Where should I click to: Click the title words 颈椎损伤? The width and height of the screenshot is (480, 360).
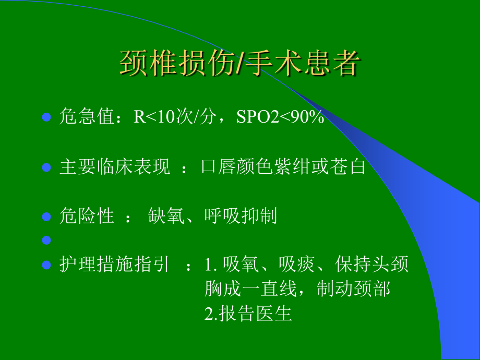click(177, 63)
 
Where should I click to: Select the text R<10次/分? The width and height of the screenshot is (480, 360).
click(175, 116)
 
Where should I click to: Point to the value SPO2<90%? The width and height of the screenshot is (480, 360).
click(280, 116)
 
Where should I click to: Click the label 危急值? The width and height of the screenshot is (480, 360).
click(87, 116)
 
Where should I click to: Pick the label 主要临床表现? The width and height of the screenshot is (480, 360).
click(115, 167)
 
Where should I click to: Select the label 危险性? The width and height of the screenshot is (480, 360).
click(87, 216)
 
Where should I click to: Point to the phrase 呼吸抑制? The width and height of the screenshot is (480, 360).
click(241, 216)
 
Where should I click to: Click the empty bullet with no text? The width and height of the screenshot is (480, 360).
click(46, 240)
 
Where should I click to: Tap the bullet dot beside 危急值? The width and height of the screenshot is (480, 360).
click(46, 117)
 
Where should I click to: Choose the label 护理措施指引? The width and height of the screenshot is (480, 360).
click(114, 264)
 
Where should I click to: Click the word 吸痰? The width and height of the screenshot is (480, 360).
click(297, 264)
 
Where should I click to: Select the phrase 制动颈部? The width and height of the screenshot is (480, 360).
click(354, 289)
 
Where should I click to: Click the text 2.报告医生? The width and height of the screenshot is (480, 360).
click(248, 314)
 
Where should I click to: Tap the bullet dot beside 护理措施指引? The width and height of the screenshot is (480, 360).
click(46, 265)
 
